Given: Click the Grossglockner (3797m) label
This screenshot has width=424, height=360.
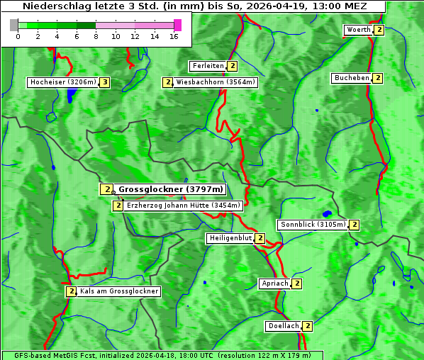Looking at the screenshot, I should click(x=170, y=189).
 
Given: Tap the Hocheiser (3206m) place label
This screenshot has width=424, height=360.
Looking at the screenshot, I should click(x=62, y=82).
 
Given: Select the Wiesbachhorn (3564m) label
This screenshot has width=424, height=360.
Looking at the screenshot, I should click(x=216, y=82).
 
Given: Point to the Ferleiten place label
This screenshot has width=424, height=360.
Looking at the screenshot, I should click(x=208, y=66).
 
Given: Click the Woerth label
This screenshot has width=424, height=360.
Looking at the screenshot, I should click(x=358, y=30).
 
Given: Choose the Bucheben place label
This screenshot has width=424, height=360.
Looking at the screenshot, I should click(x=352, y=78).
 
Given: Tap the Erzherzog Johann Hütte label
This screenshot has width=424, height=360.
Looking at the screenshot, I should click(x=184, y=206).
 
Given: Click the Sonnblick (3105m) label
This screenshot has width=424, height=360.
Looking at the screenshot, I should click(x=313, y=225).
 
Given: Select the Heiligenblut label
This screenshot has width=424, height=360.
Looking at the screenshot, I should click(x=230, y=238).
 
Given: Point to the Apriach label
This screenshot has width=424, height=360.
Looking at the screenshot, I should click(x=275, y=283).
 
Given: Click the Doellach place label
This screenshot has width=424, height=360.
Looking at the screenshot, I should click(x=284, y=326).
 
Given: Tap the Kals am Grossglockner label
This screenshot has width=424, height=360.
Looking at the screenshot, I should click(x=119, y=291).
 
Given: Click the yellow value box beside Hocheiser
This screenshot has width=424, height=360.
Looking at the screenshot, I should click(x=105, y=82).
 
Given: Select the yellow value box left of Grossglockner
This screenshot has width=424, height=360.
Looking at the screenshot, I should click(x=106, y=189).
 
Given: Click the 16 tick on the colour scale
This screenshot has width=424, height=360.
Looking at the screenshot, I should click(x=173, y=35).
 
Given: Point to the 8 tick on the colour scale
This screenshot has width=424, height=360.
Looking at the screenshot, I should click(x=96, y=35).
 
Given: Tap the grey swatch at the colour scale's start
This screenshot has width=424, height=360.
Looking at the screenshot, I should click(x=14, y=25).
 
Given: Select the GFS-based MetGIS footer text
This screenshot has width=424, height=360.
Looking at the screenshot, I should click(x=162, y=355).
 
